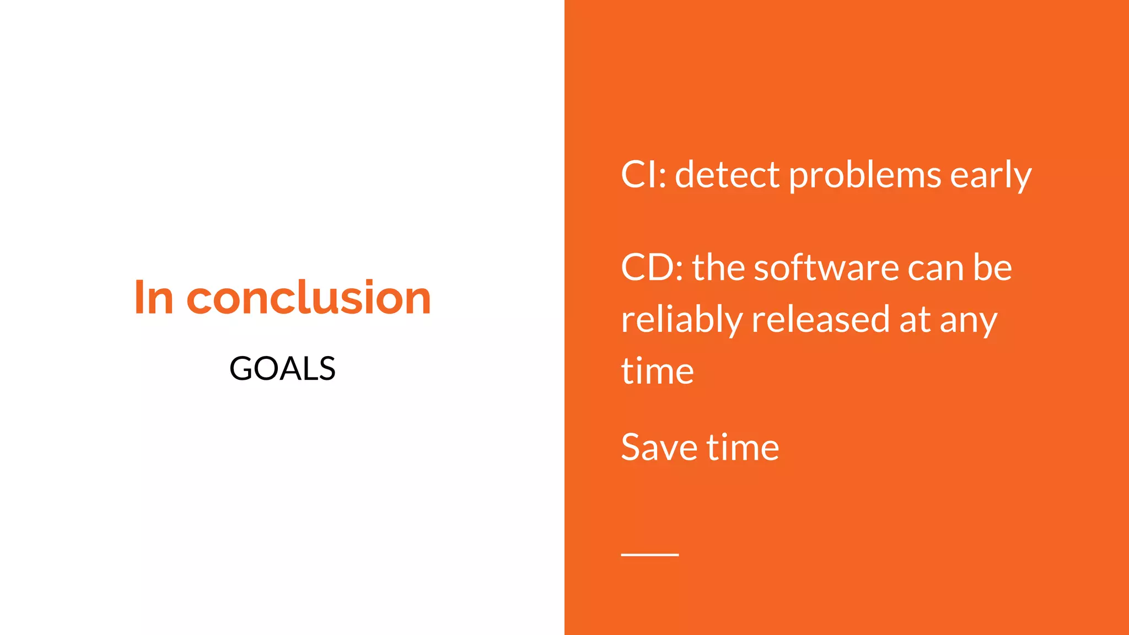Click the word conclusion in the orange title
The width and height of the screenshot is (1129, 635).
[x=309, y=298]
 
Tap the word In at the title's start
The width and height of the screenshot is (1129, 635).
[x=154, y=298]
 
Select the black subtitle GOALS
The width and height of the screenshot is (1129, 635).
[x=282, y=368]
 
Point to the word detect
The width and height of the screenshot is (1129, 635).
[x=728, y=175]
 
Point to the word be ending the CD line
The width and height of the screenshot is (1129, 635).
[x=992, y=268]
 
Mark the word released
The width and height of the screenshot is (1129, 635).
[x=820, y=320]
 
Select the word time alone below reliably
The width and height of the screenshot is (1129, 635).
[x=657, y=371]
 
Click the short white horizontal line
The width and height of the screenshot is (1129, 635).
[x=649, y=555]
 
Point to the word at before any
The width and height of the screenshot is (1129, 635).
[x=915, y=320]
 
